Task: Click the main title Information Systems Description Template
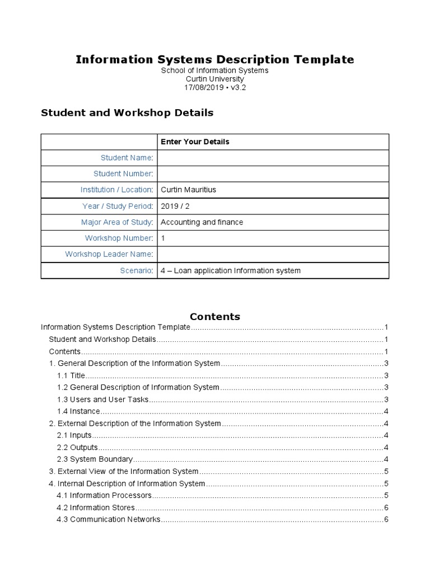[215, 59]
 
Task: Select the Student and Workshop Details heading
[127, 112]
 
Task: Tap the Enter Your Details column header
[195, 142]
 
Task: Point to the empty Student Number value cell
[273, 174]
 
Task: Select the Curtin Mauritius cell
[188, 190]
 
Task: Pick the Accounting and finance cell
[202, 222]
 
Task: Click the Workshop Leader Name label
[109, 254]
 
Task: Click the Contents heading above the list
[215, 316]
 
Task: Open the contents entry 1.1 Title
[71, 375]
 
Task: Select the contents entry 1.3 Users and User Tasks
[103, 400]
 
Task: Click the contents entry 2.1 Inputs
[74, 435]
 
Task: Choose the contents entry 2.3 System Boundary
[95, 459]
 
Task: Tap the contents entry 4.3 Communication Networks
[109, 519]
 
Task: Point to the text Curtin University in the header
[215, 79]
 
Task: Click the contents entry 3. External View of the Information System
[124, 472]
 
